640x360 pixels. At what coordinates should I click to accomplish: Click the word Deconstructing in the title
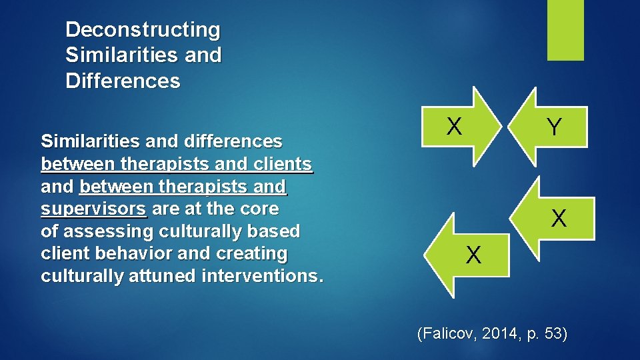pyautogui.click(x=143, y=30)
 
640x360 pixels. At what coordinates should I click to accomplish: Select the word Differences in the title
pyautogui.click(x=123, y=81)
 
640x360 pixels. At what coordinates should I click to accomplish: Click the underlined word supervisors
pyautogui.click(x=93, y=209)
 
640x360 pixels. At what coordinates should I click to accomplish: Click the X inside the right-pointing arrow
pyautogui.click(x=454, y=125)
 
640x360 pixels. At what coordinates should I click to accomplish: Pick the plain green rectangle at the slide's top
pyautogui.click(x=565, y=30)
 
